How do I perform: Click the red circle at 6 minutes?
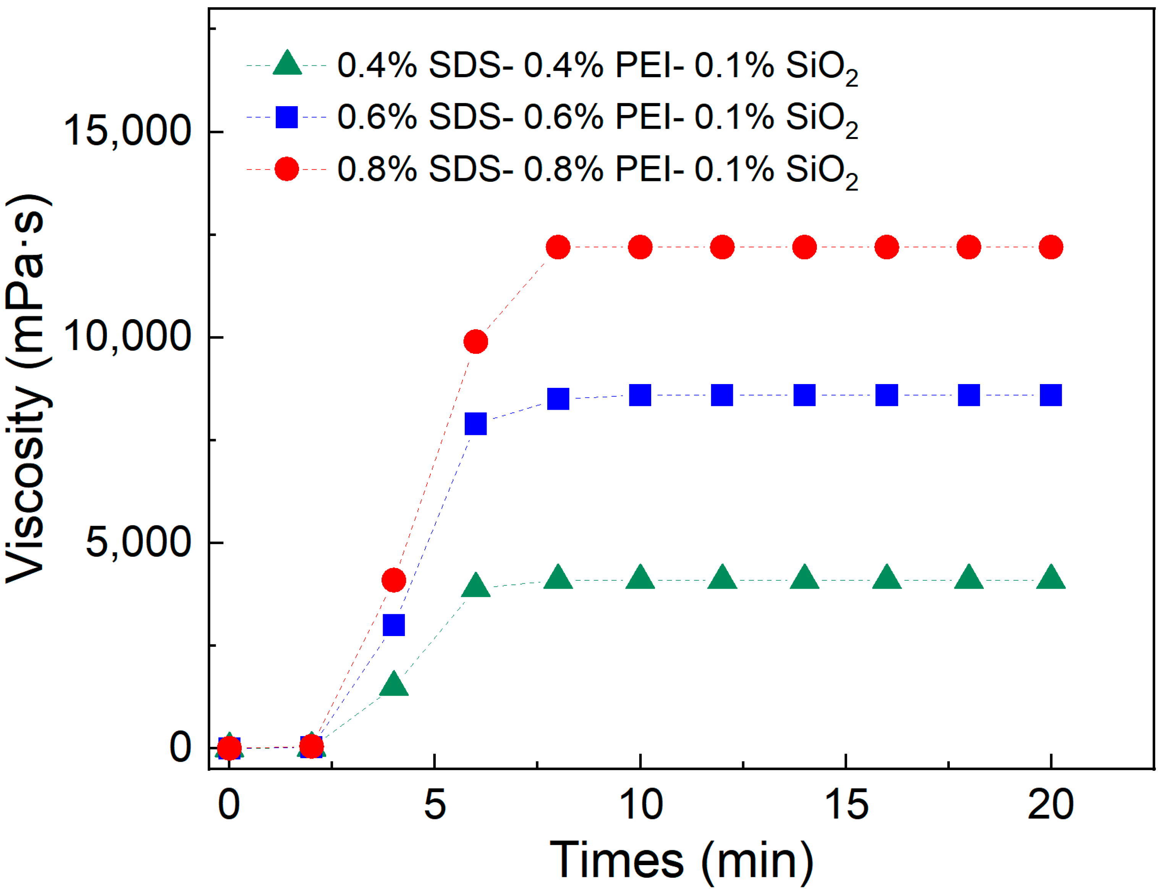(x=475, y=341)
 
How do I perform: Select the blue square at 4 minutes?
(x=393, y=625)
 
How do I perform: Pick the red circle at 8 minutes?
(x=558, y=247)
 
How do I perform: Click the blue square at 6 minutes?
(x=475, y=424)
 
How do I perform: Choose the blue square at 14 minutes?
(x=804, y=395)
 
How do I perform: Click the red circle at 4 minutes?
(x=393, y=580)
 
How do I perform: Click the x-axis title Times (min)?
(x=681, y=861)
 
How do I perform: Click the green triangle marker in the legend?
(x=287, y=64)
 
